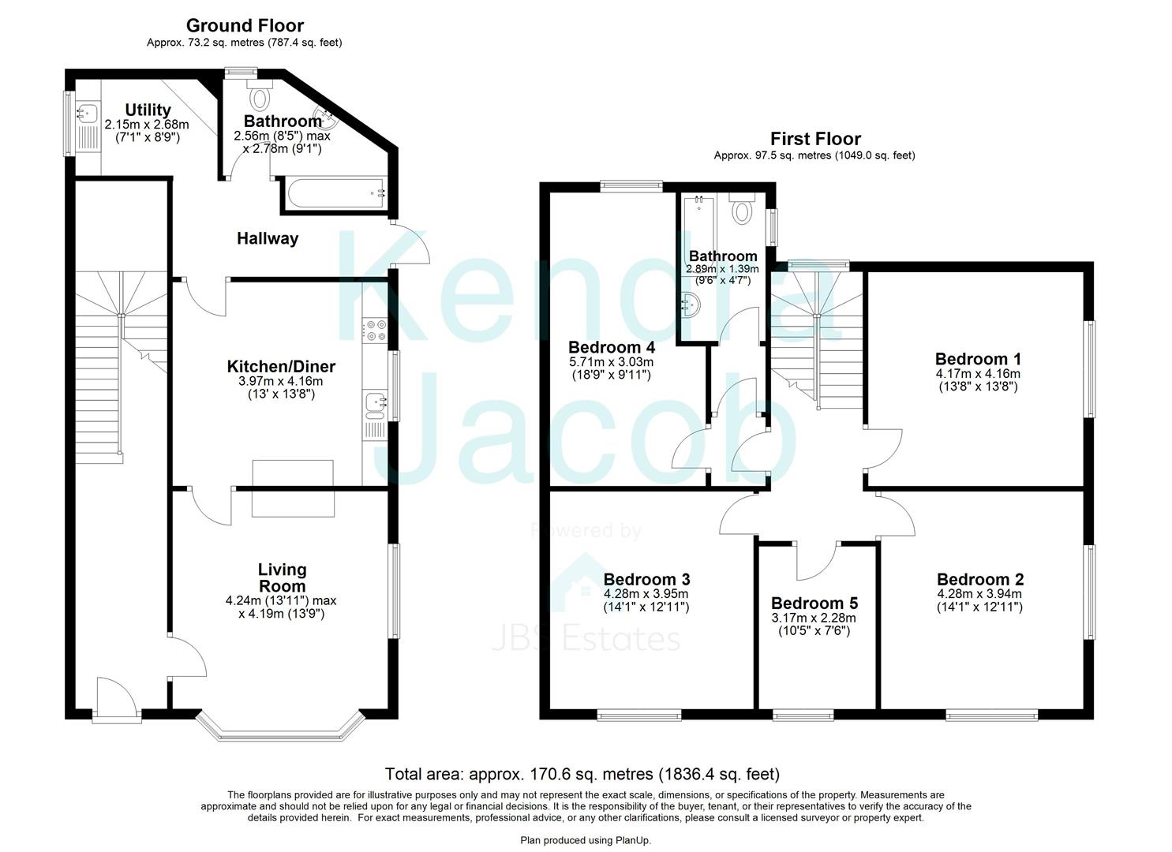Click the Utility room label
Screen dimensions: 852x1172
148,110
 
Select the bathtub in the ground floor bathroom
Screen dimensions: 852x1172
332,191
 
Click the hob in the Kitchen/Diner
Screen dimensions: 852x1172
373,330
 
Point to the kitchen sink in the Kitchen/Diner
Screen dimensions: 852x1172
373,404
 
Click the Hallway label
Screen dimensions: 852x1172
268,238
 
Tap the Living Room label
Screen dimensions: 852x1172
282,577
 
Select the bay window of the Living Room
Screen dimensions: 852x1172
281,733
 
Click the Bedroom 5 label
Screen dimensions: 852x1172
814,603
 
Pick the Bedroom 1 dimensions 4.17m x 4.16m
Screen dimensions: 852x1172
977,374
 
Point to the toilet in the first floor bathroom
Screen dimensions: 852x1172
742,210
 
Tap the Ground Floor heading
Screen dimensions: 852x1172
244,26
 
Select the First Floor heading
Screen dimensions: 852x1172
814,139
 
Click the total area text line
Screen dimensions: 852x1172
582,773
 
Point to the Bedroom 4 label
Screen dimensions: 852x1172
611,347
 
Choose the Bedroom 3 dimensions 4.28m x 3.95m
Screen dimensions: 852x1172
646,594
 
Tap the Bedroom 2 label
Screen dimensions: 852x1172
979,579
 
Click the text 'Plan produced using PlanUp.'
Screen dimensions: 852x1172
586,841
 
